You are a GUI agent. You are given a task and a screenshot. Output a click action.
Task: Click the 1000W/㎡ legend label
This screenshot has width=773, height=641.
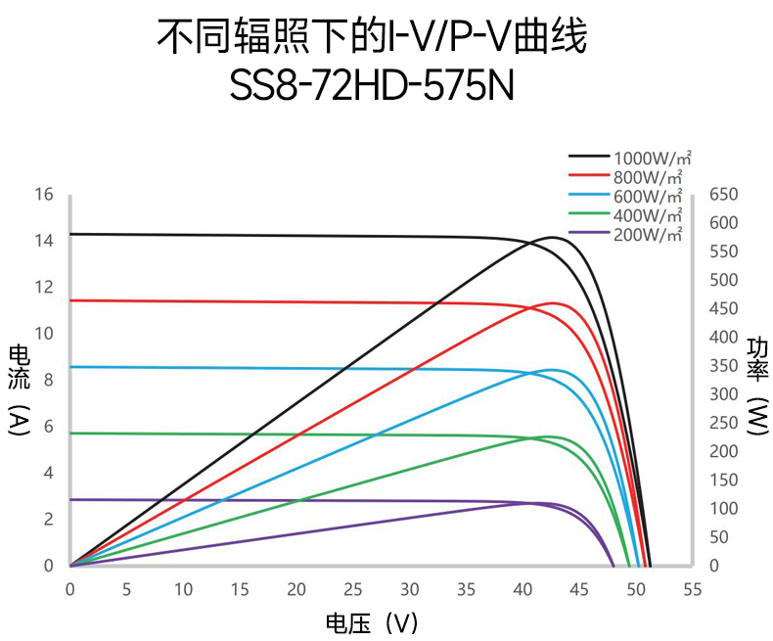[653, 158]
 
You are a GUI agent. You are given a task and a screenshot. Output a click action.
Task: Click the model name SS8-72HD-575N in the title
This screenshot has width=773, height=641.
[372, 86]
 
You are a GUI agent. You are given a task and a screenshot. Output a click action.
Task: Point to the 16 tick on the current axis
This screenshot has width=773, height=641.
[43, 194]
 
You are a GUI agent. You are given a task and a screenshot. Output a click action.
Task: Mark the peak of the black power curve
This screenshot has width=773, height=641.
[553, 237]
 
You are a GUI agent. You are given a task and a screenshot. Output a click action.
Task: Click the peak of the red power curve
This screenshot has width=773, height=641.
[556, 303]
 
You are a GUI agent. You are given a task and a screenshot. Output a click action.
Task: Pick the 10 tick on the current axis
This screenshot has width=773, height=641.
[43, 334]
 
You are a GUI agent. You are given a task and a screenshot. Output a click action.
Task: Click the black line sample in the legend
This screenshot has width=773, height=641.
[589, 157]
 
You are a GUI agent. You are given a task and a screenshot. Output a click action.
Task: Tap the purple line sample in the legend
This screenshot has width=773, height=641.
[589, 233]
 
